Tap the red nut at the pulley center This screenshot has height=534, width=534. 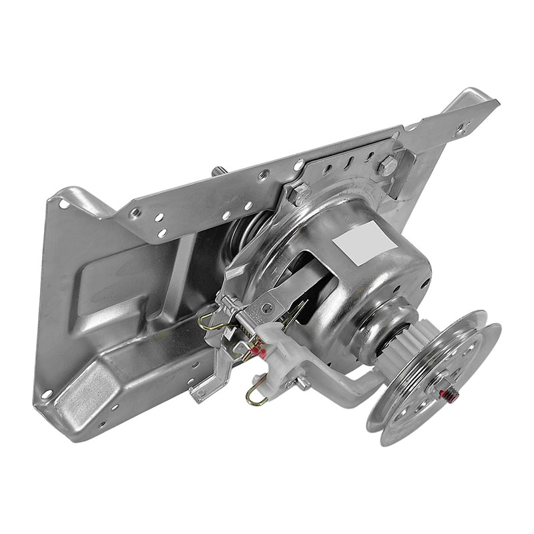point(449,394)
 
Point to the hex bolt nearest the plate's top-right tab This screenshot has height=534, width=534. point(388,165)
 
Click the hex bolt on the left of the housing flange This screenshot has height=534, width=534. point(298,194)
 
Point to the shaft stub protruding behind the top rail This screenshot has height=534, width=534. point(217,172)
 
